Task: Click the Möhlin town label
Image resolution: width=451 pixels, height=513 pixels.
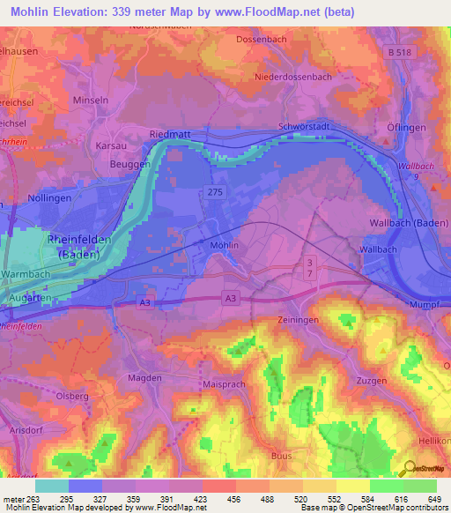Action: point(225,248)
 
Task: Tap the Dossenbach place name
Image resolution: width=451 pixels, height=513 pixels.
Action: point(263,40)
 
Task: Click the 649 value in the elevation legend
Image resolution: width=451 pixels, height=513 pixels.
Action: point(433,498)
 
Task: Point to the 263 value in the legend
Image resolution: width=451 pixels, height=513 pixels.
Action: point(32,498)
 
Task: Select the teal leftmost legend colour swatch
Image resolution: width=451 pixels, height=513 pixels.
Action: point(52,486)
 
